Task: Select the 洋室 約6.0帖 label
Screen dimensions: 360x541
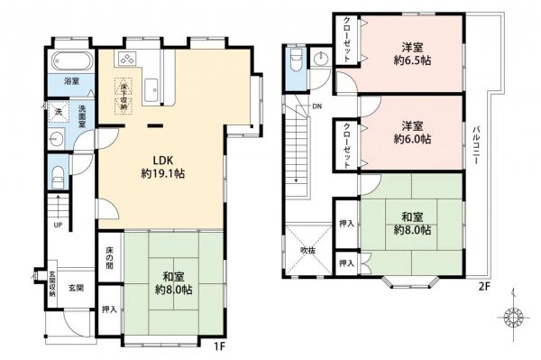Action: coord(411,134)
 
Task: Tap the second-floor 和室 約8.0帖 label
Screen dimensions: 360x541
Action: coord(411,223)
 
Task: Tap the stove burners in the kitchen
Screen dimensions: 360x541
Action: coord(125,60)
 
